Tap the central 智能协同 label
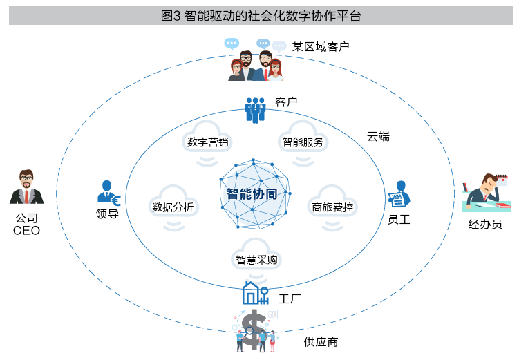click(252, 194)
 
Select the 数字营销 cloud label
click(208, 142)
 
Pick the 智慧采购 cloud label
click(257, 260)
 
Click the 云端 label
click(378, 136)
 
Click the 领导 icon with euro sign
click(108, 194)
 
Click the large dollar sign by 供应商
click(253, 330)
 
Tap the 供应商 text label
click(321, 342)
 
